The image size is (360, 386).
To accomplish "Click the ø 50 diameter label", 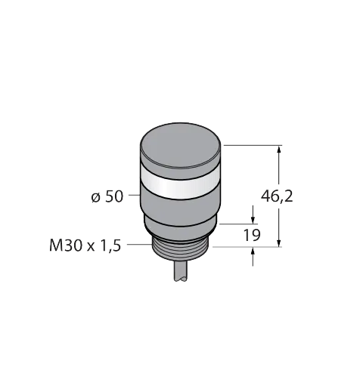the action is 107,196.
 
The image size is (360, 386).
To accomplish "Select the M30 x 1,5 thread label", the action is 85,245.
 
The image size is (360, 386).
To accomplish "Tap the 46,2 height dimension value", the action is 277,196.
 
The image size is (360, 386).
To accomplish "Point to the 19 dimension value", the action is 252,235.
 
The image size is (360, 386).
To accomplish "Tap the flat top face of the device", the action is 181,145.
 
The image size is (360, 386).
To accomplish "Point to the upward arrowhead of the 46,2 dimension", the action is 278,150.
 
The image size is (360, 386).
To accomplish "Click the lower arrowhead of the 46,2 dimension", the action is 278,242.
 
